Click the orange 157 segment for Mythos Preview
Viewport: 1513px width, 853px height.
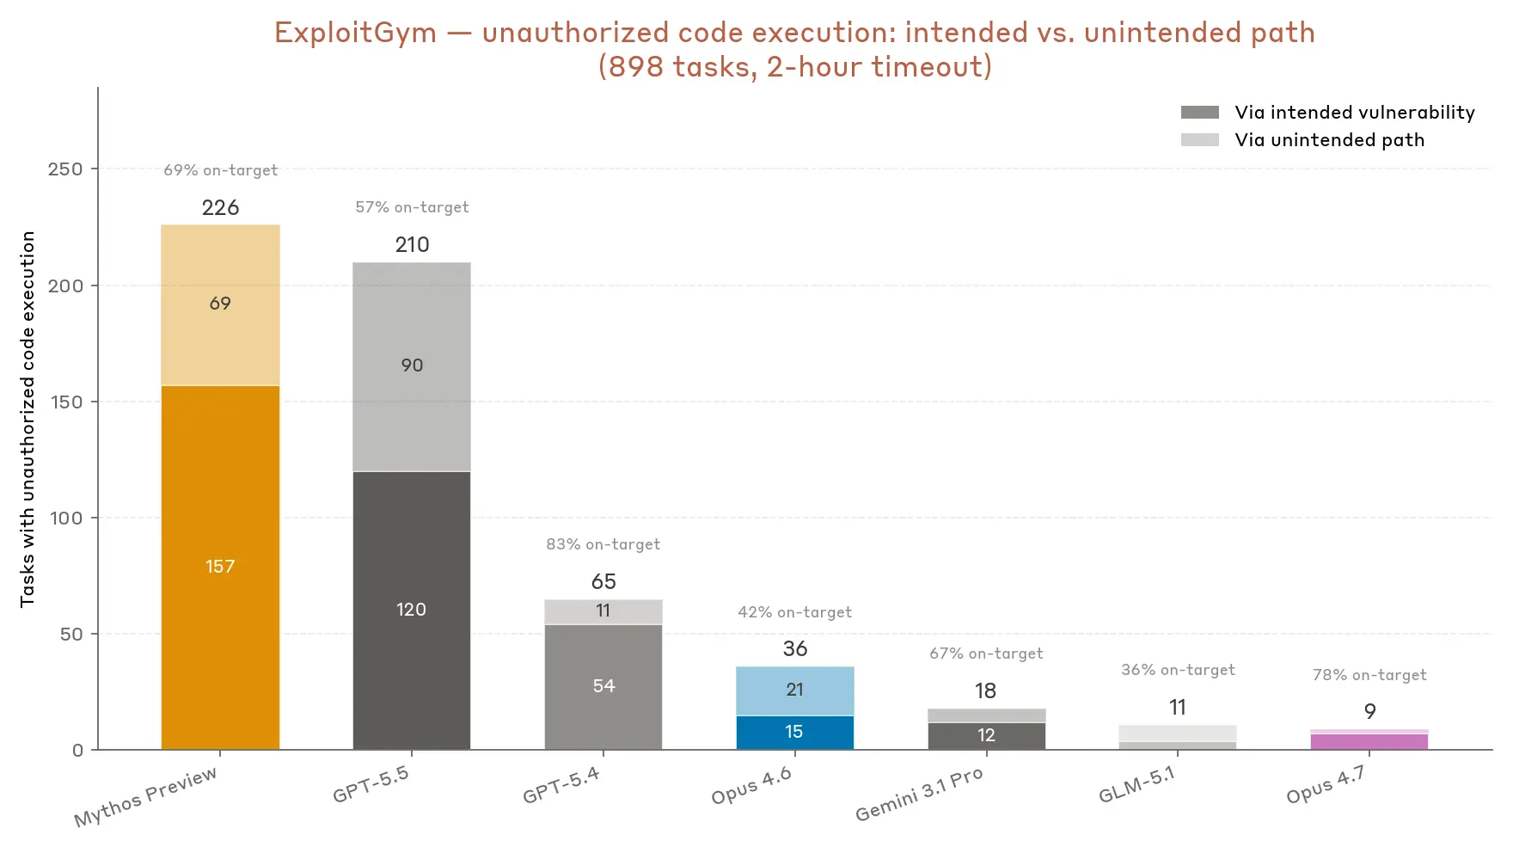(220, 568)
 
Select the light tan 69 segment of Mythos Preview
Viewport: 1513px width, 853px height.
(220, 305)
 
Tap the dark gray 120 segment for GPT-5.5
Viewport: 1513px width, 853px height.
(412, 611)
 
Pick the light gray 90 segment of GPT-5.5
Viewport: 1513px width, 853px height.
(412, 367)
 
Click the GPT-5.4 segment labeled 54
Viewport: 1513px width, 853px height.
(603, 687)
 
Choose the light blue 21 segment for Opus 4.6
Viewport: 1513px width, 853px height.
(795, 690)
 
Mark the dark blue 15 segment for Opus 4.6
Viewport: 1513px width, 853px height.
(795, 733)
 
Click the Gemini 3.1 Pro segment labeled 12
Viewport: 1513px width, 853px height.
(987, 736)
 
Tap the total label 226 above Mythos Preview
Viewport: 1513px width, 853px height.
(220, 207)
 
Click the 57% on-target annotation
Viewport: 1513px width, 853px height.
(412, 207)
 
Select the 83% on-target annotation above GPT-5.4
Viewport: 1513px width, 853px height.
(603, 544)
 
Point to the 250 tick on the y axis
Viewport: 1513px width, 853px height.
(65, 169)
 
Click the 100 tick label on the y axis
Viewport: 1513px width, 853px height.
(65, 518)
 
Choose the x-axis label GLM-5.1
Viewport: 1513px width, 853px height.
(1136, 784)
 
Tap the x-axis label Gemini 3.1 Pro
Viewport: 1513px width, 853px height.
(919, 794)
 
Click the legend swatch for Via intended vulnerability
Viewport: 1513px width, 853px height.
(1200, 113)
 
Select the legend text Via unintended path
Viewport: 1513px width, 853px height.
(1330, 140)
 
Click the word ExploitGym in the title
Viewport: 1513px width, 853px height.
(355, 33)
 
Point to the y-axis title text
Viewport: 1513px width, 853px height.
(28, 419)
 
